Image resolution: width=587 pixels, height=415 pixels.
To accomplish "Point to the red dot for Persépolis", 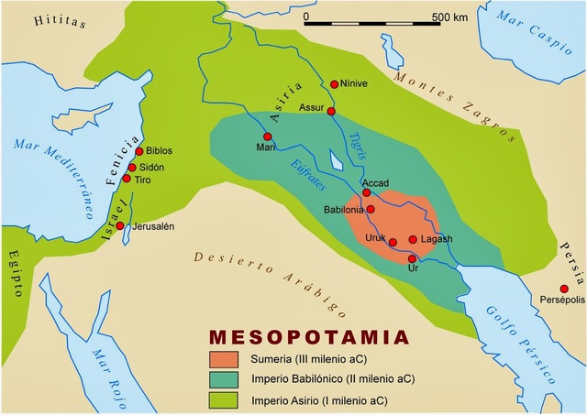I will (563, 289).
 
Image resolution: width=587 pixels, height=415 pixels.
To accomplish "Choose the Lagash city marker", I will (413, 240).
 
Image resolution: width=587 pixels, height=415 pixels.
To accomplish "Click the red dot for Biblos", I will (139, 151).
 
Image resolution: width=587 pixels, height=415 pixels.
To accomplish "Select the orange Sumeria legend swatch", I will (223, 358).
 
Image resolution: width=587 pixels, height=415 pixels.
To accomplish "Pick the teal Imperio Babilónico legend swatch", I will (223, 379).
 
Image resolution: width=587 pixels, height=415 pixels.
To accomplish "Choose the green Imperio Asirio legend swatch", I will (223, 400).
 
